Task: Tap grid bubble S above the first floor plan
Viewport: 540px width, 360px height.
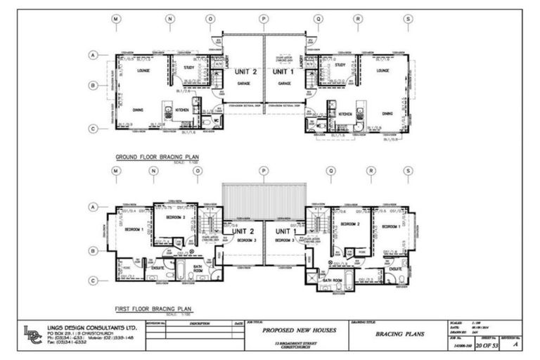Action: coord(408,170)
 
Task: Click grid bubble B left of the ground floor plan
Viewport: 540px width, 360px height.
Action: coord(93,86)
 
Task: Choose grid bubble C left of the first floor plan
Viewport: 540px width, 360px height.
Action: coord(93,280)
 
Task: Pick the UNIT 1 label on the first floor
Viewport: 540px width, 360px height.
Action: coord(286,231)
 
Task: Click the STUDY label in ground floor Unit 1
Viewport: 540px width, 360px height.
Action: coord(340,65)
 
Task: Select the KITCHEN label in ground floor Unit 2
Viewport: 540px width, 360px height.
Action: coord(182,110)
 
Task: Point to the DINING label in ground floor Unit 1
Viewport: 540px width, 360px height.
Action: coord(387,113)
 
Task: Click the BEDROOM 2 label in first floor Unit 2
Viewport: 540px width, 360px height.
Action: coord(175,218)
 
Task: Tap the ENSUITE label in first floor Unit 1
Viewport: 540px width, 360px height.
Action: coord(396,269)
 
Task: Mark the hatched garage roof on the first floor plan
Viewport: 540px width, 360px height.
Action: coord(264,200)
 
